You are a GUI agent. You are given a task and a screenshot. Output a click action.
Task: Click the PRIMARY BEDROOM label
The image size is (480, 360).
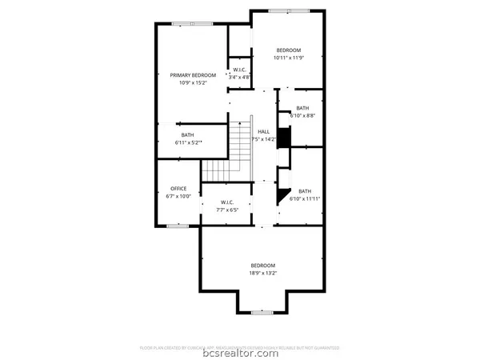(193, 75)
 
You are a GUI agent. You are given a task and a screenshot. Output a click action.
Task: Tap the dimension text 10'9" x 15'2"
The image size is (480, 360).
(193, 82)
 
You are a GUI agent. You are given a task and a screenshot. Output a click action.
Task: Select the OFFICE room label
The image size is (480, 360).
(178, 189)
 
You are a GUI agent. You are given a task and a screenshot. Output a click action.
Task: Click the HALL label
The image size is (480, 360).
(263, 132)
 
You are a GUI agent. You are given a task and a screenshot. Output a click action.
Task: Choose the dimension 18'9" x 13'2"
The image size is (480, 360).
(262, 273)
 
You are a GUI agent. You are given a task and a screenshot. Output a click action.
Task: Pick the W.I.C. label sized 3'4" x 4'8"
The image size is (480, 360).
(240, 70)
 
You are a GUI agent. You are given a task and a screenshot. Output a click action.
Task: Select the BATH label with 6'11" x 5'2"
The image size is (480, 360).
(187, 135)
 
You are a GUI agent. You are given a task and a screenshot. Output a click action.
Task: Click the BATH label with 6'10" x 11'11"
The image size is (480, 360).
(305, 191)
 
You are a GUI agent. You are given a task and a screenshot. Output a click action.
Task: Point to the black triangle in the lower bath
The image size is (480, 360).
(283, 194)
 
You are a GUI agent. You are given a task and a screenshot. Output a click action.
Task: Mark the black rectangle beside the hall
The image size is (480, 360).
(282, 137)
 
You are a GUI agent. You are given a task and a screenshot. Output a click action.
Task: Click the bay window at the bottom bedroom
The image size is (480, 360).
(262, 312)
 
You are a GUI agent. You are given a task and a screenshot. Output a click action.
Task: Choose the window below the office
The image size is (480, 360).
(178, 226)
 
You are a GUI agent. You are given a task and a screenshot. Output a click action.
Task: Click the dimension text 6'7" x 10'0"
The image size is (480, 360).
(178, 196)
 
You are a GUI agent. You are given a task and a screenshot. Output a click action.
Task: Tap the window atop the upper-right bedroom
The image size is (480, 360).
(280, 10)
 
